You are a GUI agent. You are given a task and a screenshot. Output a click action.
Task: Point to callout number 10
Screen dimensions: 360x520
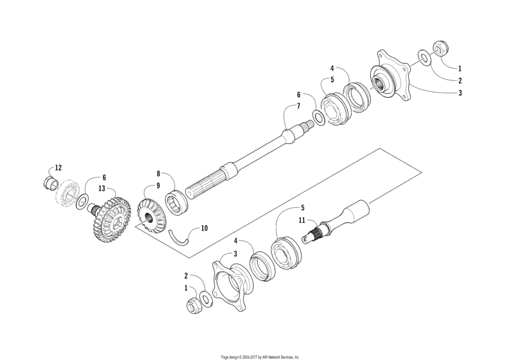tap(204, 228)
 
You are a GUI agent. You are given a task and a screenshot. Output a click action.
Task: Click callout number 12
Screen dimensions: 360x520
tap(58, 168)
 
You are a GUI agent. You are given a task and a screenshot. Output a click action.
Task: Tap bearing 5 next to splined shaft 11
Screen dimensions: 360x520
tap(283, 251)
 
